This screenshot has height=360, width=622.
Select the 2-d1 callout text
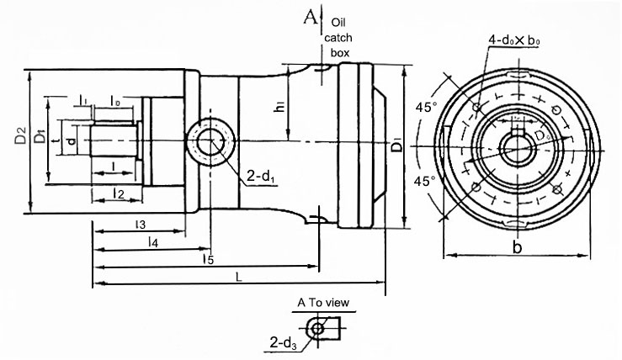[261, 177]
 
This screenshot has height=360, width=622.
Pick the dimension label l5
[207, 260]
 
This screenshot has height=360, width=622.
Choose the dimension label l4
[152, 242]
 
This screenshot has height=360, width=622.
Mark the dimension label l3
[141, 224]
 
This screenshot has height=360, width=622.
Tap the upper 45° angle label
[426, 108]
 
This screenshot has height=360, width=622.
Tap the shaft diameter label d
[71, 140]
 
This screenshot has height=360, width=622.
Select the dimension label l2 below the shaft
[119, 194]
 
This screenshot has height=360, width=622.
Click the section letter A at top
[313, 17]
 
